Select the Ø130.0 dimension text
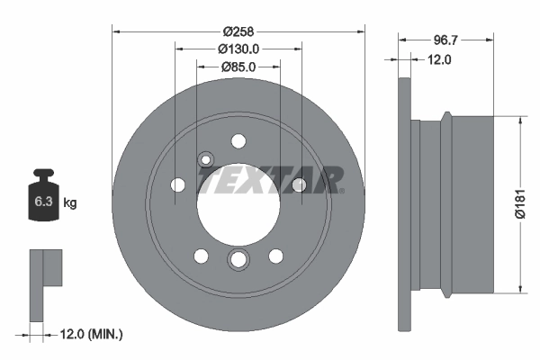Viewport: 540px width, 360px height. [x=238, y=49]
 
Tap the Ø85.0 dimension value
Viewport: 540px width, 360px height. [x=238, y=67]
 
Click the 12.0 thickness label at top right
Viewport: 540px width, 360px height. [x=438, y=59]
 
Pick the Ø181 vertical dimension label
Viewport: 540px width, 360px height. [x=518, y=204]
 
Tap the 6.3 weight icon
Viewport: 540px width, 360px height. [x=43, y=199]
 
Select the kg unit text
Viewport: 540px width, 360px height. [x=70, y=202]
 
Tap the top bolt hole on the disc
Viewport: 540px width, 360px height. [x=238, y=140]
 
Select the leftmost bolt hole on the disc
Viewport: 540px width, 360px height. [x=178, y=185]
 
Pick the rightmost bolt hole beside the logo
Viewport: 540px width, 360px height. [x=299, y=184]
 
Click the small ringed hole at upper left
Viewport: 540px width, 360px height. [x=207, y=160]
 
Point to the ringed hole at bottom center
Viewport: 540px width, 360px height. [x=238, y=260]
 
